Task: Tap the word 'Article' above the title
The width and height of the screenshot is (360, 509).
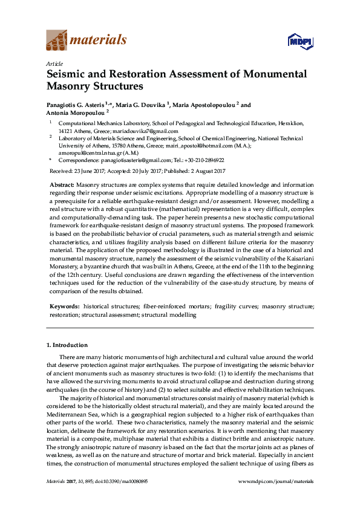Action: pos(53,63)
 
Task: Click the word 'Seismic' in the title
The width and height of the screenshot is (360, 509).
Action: pos(71,75)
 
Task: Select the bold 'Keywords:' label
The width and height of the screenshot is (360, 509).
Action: pos(64,306)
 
